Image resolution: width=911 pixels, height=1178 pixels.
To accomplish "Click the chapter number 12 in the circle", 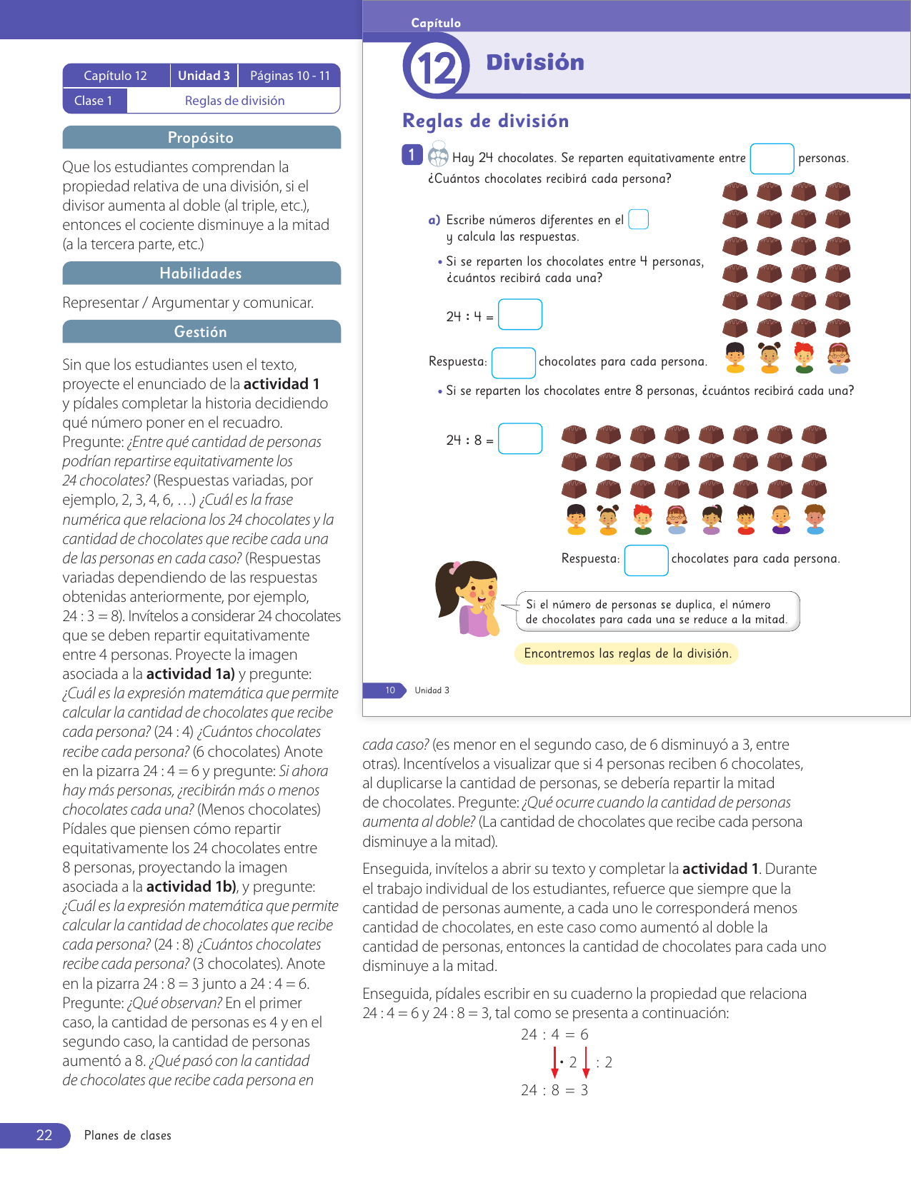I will pyautogui.click(x=437, y=69).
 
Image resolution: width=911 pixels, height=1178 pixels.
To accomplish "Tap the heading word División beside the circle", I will pyautogui.click(x=535, y=63).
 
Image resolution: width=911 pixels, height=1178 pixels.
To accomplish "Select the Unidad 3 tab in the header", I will pyautogui.click(x=204, y=76).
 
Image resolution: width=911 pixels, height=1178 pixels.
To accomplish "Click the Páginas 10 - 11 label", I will pyautogui.click(x=289, y=76).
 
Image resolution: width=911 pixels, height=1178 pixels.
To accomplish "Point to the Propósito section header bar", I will pyautogui.click(x=201, y=138).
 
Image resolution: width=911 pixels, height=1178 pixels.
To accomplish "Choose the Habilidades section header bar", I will pyautogui.click(x=201, y=273).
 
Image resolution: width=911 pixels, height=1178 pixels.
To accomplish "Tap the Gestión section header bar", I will pyautogui.click(x=201, y=332).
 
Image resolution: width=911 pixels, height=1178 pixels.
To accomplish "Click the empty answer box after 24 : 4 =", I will pyautogui.click(x=519, y=315).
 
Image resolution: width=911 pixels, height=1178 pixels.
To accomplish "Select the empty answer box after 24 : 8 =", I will pyautogui.click(x=519, y=439).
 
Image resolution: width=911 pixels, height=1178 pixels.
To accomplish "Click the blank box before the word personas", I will pyautogui.click(x=772, y=158).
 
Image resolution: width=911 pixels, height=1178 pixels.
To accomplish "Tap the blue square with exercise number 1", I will pyautogui.click(x=412, y=155).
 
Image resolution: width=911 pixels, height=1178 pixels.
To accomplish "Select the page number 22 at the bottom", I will pyautogui.click(x=44, y=1135).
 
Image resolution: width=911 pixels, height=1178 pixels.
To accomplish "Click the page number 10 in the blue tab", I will pyautogui.click(x=390, y=690).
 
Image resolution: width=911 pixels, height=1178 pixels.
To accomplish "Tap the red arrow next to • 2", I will pyautogui.click(x=555, y=1062).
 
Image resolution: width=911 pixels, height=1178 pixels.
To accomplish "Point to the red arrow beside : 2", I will pyautogui.click(x=586, y=1062).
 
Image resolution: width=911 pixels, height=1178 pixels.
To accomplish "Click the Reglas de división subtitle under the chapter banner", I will pyautogui.click(x=485, y=121).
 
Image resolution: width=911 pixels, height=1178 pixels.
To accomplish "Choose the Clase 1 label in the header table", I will pyautogui.click(x=94, y=101).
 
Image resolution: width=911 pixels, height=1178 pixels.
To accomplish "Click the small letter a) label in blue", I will pyautogui.click(x=434, y=220).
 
